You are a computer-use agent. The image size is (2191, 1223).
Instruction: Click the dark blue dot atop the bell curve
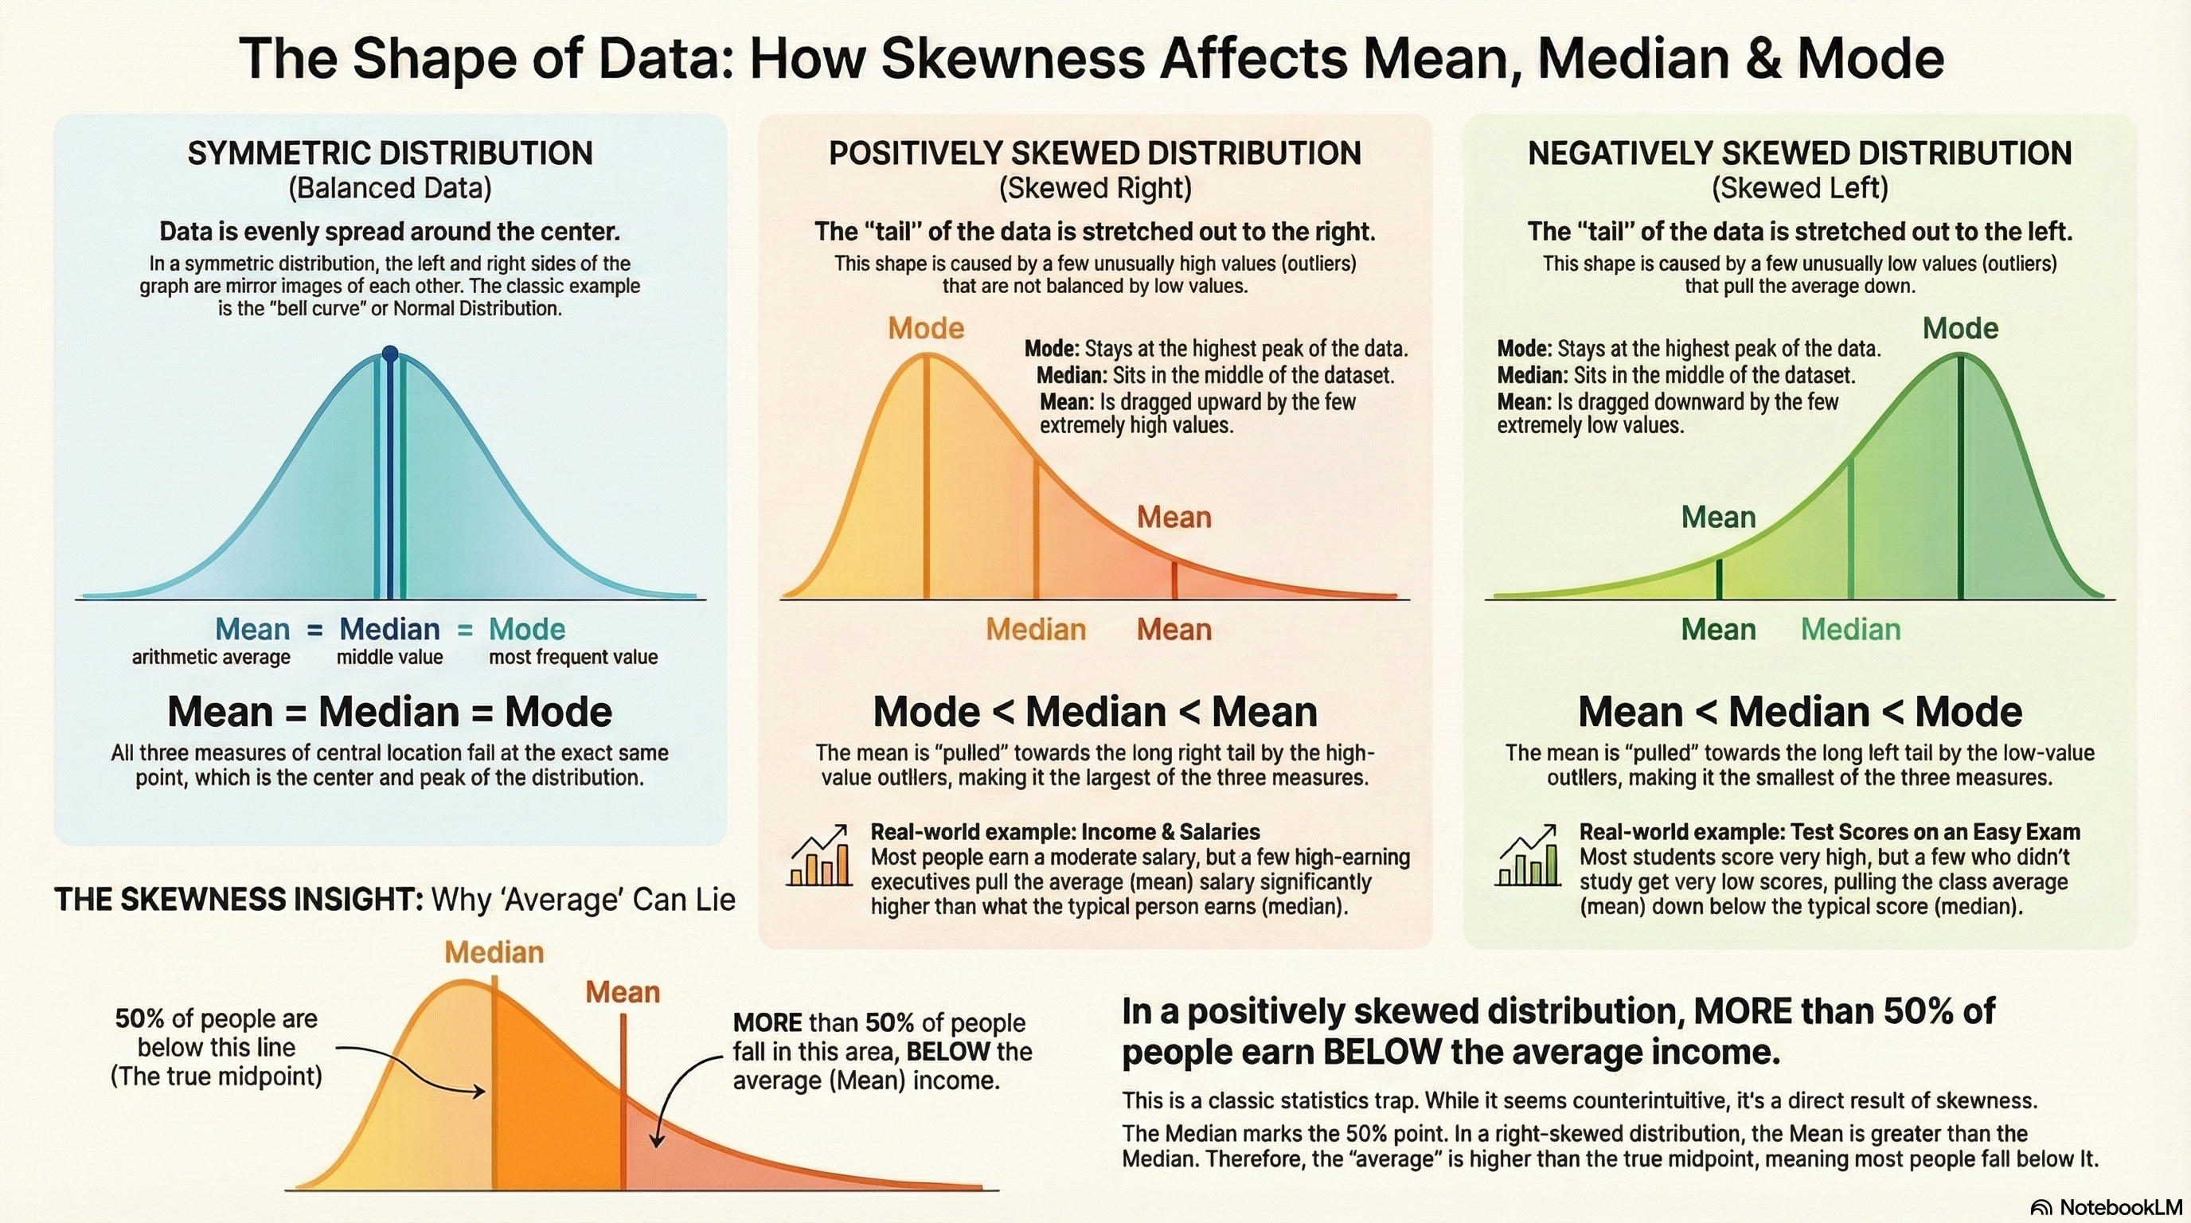[x=389, y=354]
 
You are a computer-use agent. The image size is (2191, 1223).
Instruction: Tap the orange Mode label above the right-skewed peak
[x=925, y=328]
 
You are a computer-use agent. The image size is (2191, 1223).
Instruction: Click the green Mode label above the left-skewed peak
[x=1959, y=328]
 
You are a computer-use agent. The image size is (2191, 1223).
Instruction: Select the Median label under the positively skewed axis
[x=1035, y=629]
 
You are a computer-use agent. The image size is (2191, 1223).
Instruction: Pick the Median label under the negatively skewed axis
[x=1850, y=629]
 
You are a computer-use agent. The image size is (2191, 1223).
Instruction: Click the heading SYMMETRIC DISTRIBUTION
[x=389, y=154]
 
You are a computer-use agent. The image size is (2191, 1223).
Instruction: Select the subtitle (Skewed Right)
[x=1095, y=188]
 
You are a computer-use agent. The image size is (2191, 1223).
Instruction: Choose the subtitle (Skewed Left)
[x=1800, y=188]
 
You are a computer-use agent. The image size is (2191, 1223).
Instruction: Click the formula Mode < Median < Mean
[x=1095, y=712]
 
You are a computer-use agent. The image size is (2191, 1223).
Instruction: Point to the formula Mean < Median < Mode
[x=1800, y=712]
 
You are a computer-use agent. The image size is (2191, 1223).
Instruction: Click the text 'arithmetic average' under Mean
[x=211, y=658]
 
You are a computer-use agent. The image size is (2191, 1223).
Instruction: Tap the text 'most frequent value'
[x=572, y=658]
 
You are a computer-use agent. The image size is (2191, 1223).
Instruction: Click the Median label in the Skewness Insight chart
[x=494, y=952]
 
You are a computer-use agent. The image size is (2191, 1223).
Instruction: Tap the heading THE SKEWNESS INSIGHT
[x=238, y=900]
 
